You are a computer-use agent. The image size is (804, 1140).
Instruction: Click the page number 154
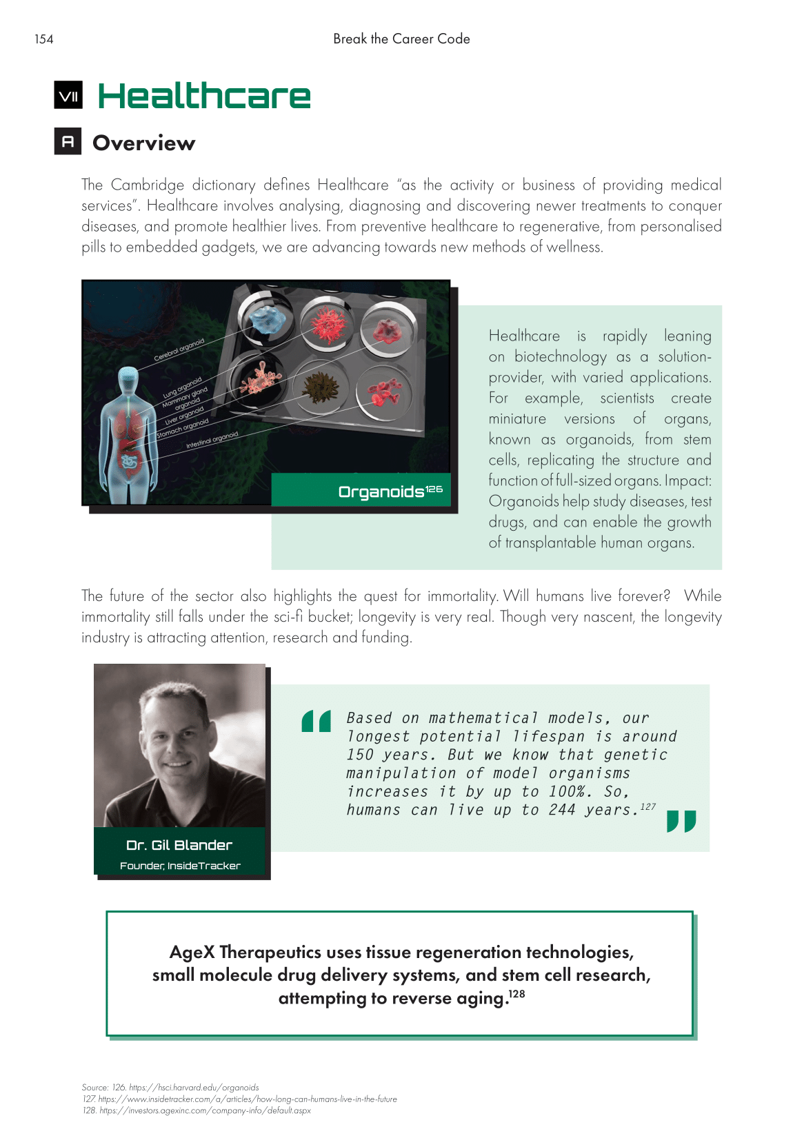(44, 39)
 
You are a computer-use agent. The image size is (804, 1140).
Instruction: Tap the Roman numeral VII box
(68, 96)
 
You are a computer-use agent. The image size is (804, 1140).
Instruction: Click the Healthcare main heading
(204, 96)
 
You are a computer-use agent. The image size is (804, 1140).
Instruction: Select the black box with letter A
(68, 141)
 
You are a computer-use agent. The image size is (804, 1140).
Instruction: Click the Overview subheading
(143, 143)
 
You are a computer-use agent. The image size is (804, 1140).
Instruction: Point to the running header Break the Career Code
(401, 39)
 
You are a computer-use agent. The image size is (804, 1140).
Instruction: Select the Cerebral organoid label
(179, 349)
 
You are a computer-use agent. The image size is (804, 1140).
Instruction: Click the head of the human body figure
(128, 381)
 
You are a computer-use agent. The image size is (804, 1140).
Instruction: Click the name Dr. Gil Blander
(179, 845)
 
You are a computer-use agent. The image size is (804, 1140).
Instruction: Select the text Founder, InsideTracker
(180, 866)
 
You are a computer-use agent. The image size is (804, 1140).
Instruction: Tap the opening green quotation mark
(316, 721)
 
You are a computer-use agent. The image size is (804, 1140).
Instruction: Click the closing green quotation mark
(681, 821)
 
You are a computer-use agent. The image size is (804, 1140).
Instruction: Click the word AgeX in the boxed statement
(192, 952)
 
